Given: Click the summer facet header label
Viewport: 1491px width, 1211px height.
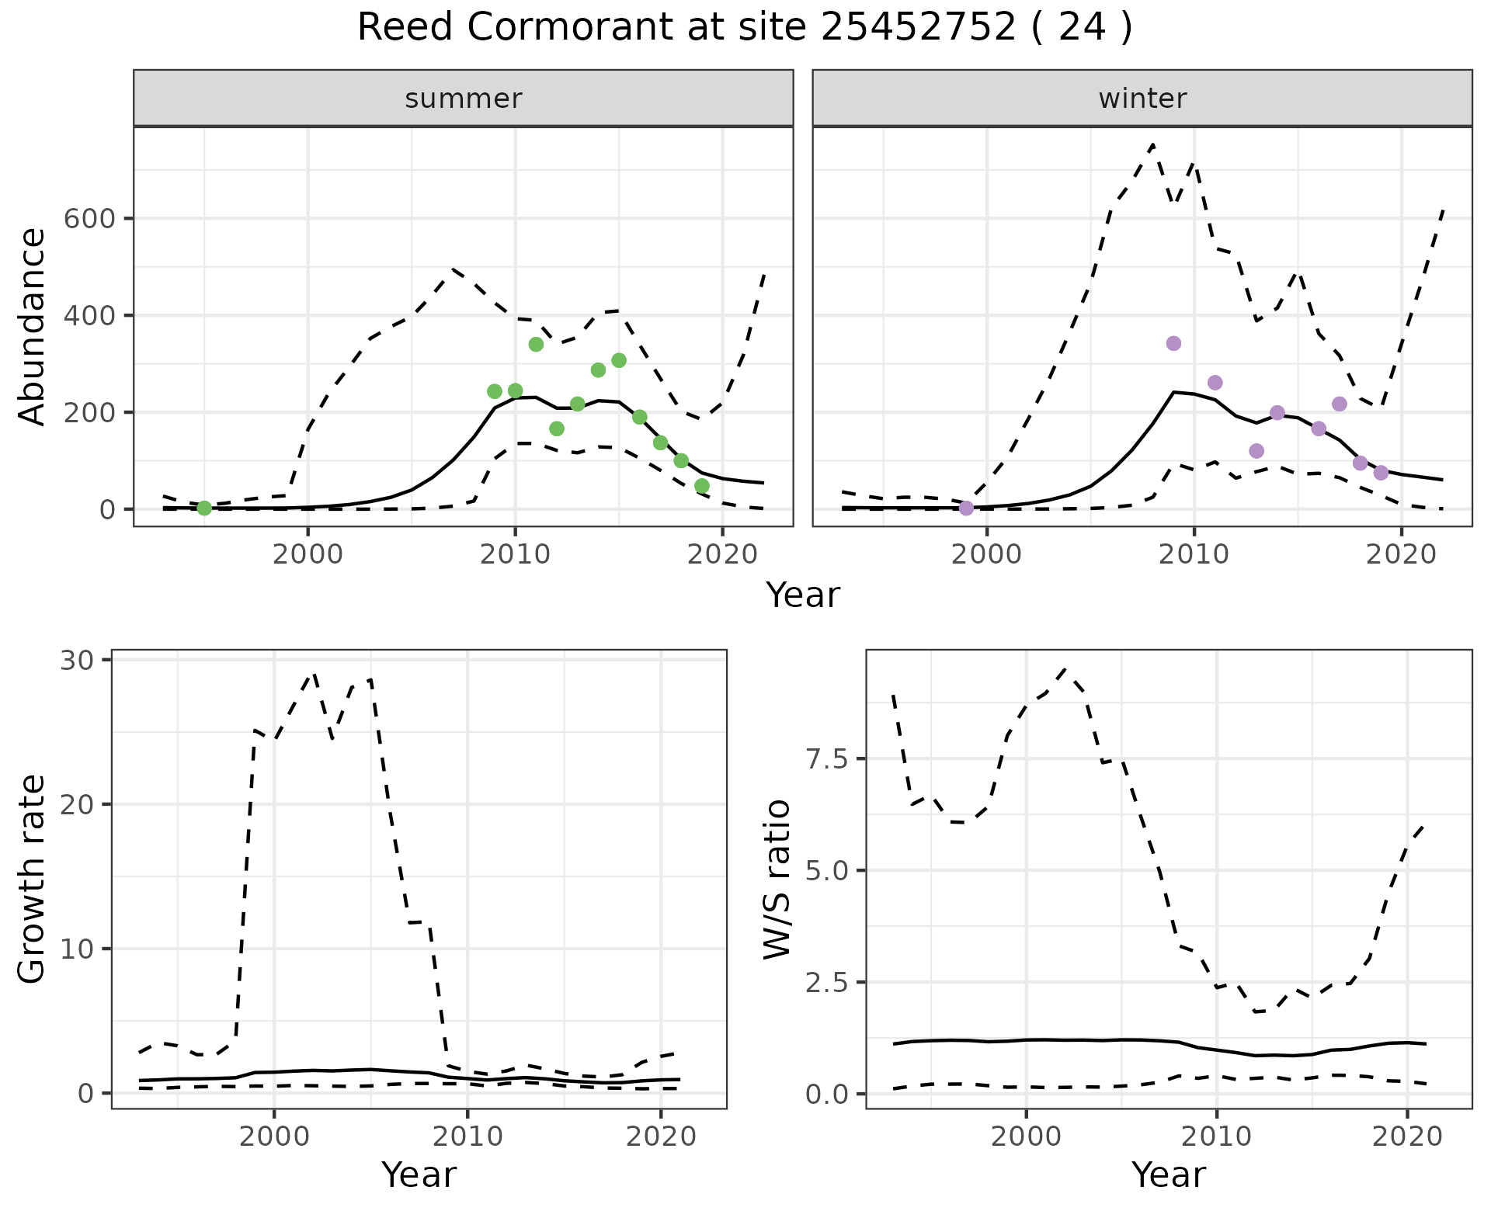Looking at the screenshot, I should click(464, 99).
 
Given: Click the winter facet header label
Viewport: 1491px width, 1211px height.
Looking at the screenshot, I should click(1142, 99).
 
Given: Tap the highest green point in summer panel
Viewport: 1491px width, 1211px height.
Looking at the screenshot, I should click(536, 344).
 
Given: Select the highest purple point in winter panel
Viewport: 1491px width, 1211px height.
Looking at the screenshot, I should click(1173, 343).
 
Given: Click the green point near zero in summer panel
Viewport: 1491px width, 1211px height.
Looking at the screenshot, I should click(204, 508).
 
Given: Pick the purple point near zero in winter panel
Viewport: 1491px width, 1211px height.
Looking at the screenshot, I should click(966, 508).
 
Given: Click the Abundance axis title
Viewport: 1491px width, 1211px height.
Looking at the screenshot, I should click(32, 327).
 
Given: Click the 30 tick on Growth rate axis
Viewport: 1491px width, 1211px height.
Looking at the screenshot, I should click(76, 660).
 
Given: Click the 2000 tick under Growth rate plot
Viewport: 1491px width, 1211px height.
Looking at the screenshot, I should click(273, 1136).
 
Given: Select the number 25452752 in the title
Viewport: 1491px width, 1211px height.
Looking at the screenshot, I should click(918, 28).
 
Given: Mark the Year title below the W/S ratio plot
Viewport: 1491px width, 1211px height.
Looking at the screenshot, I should click(1169, 1175).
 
